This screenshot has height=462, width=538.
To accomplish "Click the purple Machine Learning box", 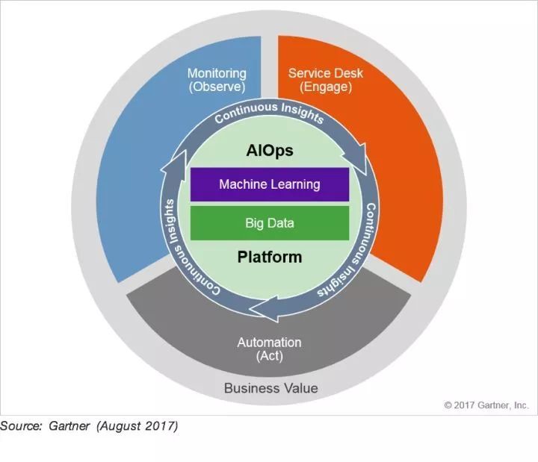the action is pyautogui.click(x=270, y=184).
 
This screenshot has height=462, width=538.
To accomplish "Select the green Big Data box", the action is pyautogui.click(x=270, y=223).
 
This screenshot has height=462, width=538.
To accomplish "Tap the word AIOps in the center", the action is pyautogui.click(x=270, y=151).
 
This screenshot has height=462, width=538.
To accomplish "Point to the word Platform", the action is pyautogui.click(x=270, y=257).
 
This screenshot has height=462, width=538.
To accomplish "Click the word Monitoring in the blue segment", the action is pyautogui.click(x=217, y=73).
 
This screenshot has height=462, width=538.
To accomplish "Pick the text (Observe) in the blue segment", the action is pyautogui.click(x=217, y=87).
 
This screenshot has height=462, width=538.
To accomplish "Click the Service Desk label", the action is pyautogui.click(x=326, y=73).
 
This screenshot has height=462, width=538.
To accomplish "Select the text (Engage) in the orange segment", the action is pyautogui.click(x=326, y=87).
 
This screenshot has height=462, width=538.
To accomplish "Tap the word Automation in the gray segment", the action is pyautogui.click(x=269, y=343).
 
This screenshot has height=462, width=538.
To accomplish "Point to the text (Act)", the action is pyautogui.click(x=269, y=356).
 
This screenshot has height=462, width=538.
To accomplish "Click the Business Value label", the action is pyautogui.click(x=271, y=388).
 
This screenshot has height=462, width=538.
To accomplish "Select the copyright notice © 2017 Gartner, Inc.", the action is pyautogui.click(x=486, y=405).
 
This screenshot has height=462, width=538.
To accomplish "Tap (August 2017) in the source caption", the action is pyautogui.click(x=137, y=426).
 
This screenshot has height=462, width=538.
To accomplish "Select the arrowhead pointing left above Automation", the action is pyautogui.click(x=265, y=309).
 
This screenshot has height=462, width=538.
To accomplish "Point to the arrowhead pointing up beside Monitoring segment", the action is pyautogui.click(x=173, y=164).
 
